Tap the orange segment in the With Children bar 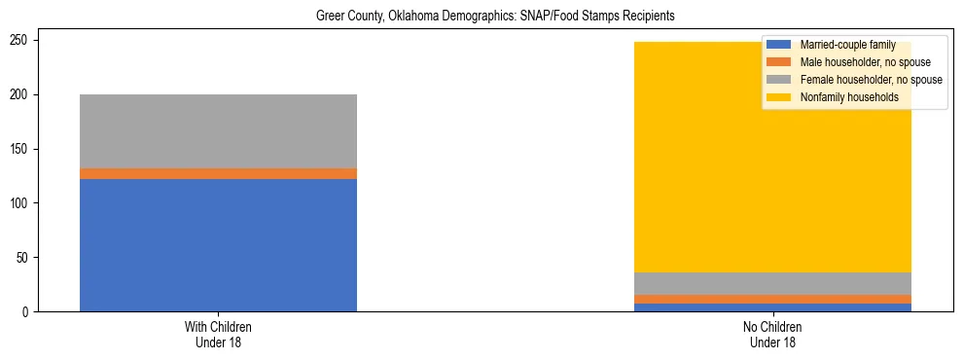[x=218, y=174]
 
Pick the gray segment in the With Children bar [x=218, y=131]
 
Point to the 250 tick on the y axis [x=23, y=40]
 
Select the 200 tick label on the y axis [x=23, y=94]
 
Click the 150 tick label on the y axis [x=23, y=149]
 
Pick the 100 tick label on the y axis [x=23, y=203]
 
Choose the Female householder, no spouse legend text [x=871, y=80]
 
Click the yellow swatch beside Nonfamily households [x=779, y=97]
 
